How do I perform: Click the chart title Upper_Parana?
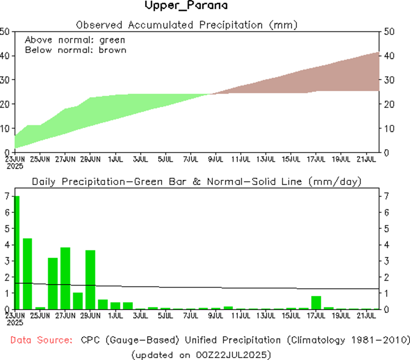tap(186, 6)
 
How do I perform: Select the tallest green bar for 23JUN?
tap(17, 252)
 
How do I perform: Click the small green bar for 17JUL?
tap(316, 302)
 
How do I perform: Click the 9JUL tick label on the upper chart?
tap(216, 158)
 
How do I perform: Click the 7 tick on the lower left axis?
tap(7, 196)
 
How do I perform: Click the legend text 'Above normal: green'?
tap(75, 40)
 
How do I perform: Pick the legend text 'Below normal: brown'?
tap(76, 50)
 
